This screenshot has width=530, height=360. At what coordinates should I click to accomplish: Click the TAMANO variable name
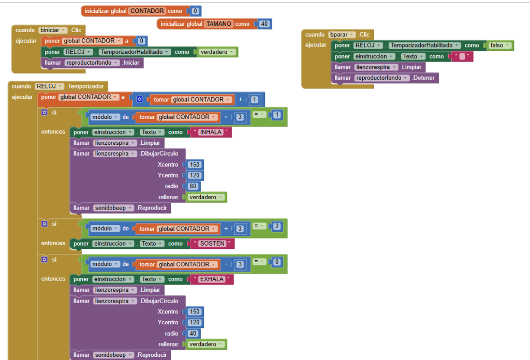coord(219,24)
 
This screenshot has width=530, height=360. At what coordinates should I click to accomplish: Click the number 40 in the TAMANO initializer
coord(264,24)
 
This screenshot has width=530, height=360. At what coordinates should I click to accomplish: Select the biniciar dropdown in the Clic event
coord(53,30)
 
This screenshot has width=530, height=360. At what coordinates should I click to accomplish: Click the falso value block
coord(499,46)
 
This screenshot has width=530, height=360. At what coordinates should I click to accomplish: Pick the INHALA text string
coord(210,132)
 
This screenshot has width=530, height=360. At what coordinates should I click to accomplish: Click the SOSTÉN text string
coord(212,244)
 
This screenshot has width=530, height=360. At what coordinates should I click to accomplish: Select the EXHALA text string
coord(212,279)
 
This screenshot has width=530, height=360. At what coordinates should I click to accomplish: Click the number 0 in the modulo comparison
coord(277,262)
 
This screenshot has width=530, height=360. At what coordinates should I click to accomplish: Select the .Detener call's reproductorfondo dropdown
coord(382,78)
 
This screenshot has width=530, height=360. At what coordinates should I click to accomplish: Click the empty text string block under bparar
coord(462,56)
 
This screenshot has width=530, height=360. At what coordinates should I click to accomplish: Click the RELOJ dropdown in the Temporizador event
coord(49,86)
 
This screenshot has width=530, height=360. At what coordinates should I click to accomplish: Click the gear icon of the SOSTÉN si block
coord(45,224)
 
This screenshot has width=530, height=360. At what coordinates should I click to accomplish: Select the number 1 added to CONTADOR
coord(255,99)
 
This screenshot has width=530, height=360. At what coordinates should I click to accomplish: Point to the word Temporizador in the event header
coord(86,86)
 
